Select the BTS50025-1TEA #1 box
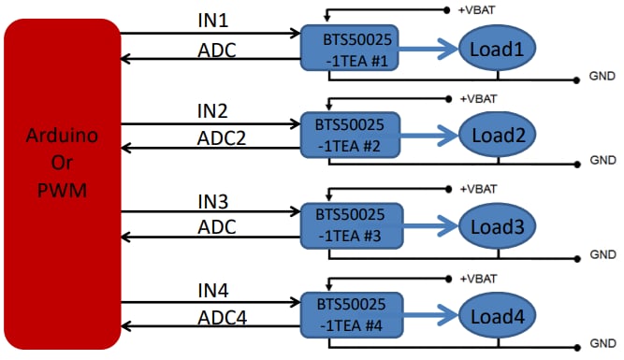[x=347, y=47]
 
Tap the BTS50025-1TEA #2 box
[x=347, y=136]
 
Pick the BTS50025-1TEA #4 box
[x=347, y=313]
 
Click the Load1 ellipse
[x=495, y=48]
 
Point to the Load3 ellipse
[x=495, y=225]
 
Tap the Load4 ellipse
[x=495, y=314]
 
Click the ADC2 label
[x=221, y=137]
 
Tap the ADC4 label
[x=221, y=317]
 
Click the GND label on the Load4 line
[x=602, y=344]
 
